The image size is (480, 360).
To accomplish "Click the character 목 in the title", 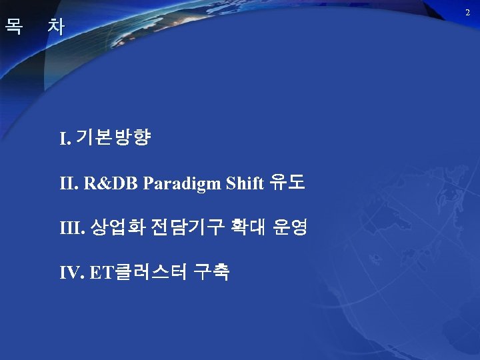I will (13, 27).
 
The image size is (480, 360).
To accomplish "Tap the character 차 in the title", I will (57, 27).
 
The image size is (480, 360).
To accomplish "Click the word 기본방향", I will (114, 139).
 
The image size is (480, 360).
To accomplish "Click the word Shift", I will (245, 184).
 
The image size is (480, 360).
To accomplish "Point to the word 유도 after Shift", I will (287, 183).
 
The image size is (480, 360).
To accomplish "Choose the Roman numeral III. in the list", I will (73, 229).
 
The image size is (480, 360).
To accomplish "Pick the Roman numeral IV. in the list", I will (71, 273).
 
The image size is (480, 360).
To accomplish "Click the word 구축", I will (212, 273).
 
